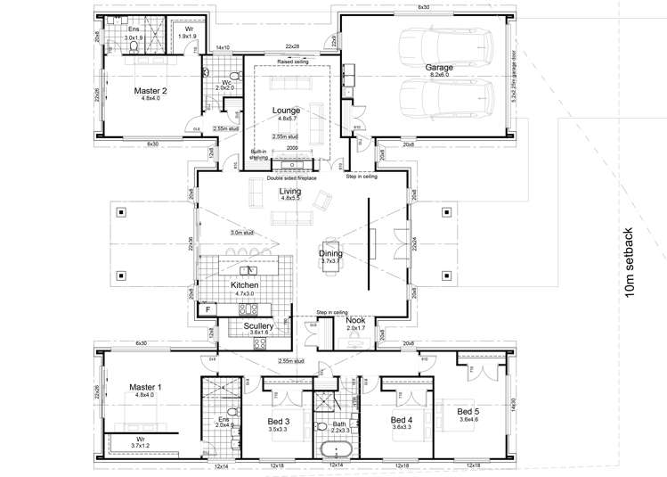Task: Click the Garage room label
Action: coord(438,67)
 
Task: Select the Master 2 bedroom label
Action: coord(150,90)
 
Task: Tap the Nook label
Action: coord(355,320)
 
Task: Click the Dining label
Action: coord(330,254)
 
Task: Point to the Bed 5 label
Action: coord(468,411)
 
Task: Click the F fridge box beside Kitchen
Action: coord(207,310)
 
